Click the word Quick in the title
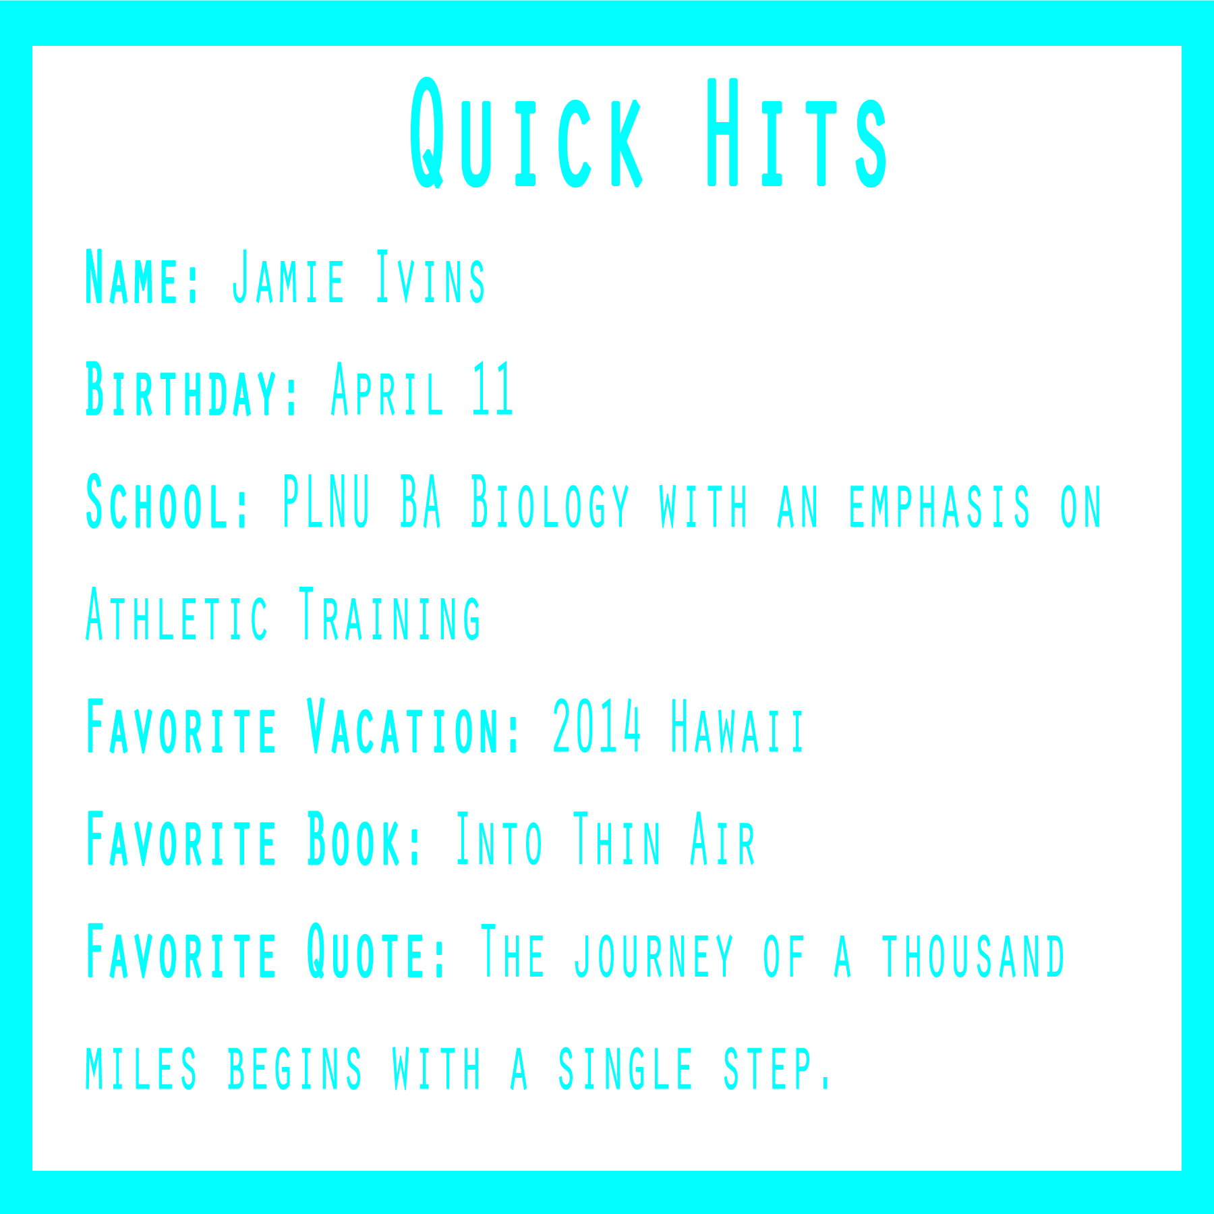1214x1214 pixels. (527, 133)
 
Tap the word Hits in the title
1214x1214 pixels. (798, 133)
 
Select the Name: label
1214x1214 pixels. (142, 277)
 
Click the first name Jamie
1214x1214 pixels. (288, 277)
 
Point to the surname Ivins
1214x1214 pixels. (430, 277)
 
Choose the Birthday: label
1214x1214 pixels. (192, 390)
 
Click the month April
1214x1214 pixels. (387, 390)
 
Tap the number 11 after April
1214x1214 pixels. (493, 388)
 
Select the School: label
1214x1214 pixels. (168, 502)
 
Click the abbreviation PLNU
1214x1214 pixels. (326, 501)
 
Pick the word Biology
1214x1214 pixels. (550, 503)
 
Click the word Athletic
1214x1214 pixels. (177, 614)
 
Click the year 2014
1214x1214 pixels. (596, 726)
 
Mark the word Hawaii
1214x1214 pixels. (737, 726)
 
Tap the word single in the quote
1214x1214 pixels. (626, 1068)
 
